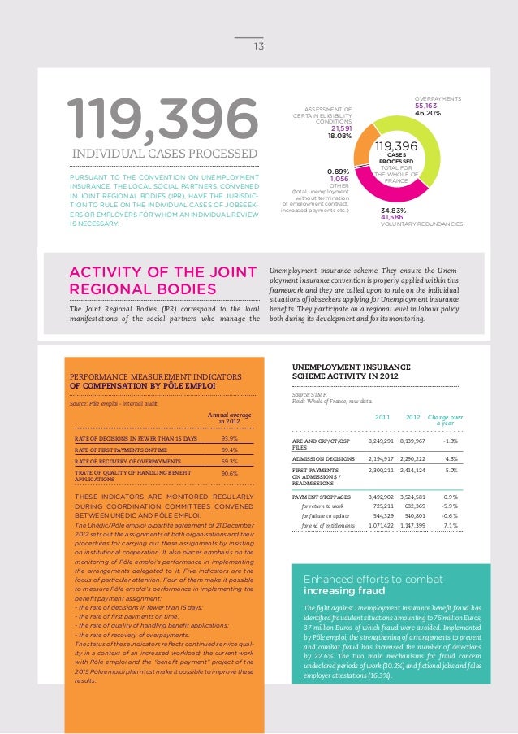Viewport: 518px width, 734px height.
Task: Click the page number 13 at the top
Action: click(x=259, y=46)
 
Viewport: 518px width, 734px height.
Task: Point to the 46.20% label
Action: click(x=428, y=114)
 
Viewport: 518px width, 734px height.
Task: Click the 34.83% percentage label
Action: click(x=393, y=211)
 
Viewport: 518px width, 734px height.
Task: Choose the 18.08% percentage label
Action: click(x=339, y=136)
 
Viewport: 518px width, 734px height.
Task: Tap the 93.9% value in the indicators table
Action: click(x=229, y=439)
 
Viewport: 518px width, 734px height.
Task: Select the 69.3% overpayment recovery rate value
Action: click(x=229, y=461)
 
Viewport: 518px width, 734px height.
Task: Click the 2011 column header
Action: click(x=382, y=418)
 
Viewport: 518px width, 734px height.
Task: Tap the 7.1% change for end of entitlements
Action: click(x=450, y=526)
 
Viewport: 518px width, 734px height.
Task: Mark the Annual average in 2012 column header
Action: click(x=229, y=418)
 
